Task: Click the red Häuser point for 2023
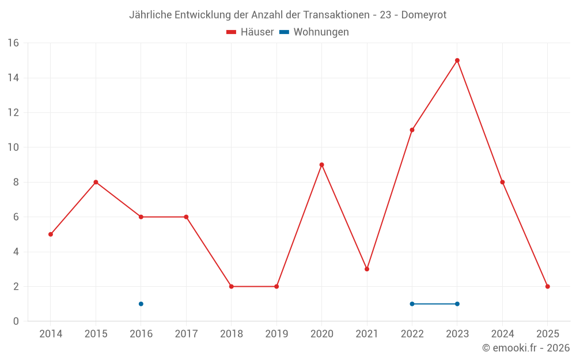[x=457, y=60]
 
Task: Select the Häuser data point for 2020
[x=321, y=165]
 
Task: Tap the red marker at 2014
[x=51, y=234]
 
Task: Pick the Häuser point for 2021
[x=367, y=269]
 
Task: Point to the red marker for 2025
[x=548, y=286]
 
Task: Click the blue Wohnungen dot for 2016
[x=141, y=304]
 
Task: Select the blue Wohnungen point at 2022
[x=412, y=304]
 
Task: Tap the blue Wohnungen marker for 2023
[x=457, y=304]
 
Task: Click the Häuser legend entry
[x=250, y=32]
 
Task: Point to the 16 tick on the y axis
[x=13, y=43]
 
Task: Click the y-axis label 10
[x=13, y=147]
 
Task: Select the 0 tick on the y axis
[x=16, y=321]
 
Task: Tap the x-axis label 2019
[x=276, y=334]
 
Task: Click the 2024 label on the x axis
[x=502, y=334]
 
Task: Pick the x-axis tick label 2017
[x=186, y=334]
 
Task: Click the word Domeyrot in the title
[x=425, y=15]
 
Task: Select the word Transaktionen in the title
[x=328, y=15]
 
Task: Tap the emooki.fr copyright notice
[x=526, y=348]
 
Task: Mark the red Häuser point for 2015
[x=96, y=182]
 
